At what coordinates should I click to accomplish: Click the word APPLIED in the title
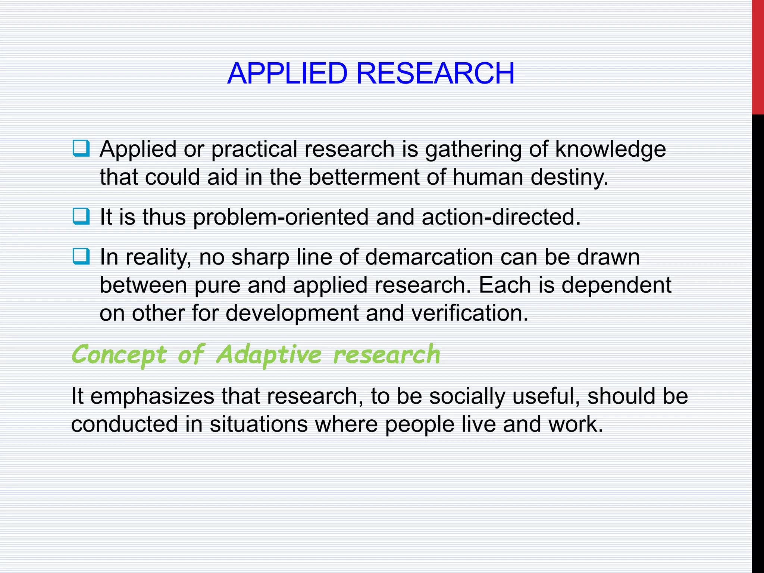(287, 73)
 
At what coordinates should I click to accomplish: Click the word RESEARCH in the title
(435, 73)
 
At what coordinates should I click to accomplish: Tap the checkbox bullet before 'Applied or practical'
(81, 148)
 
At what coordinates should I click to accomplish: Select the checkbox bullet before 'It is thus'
(81, 216)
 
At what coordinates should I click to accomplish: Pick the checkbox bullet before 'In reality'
(81, 257)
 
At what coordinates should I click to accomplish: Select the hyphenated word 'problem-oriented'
(281, 217)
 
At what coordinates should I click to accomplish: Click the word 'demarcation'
(429, 257)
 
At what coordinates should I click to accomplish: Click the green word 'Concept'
(119, 355)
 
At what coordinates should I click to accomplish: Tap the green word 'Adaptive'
(269, 355)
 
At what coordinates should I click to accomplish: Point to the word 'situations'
(259, 425)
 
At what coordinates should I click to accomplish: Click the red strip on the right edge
(758, 56)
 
